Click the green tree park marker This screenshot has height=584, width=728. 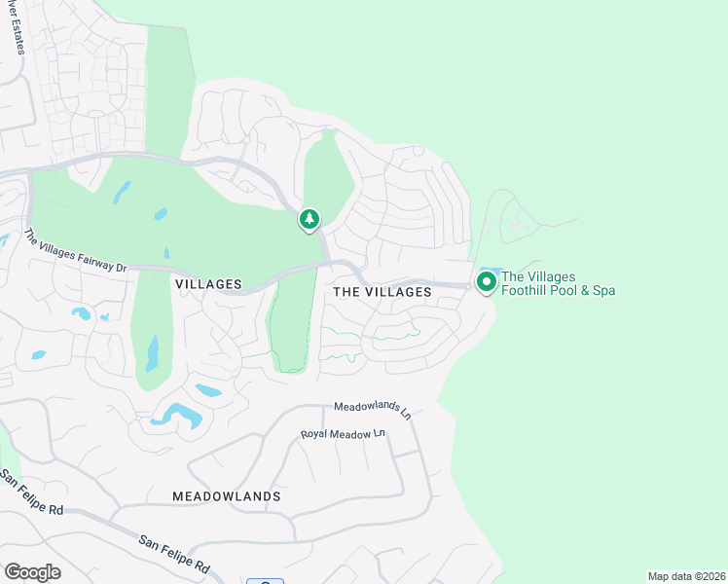309,220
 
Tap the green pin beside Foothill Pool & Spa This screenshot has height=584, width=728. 485,282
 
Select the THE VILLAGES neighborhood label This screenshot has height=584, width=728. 382,292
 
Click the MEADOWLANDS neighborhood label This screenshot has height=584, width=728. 227,496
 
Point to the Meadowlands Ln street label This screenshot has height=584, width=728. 373,410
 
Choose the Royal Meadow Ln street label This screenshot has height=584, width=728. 344,434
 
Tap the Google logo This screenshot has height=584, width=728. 32,572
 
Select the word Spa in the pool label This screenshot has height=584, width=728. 602,290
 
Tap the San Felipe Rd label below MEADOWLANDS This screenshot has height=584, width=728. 175,553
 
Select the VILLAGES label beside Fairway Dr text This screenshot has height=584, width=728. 208,284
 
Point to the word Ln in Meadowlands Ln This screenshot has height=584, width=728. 405,413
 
